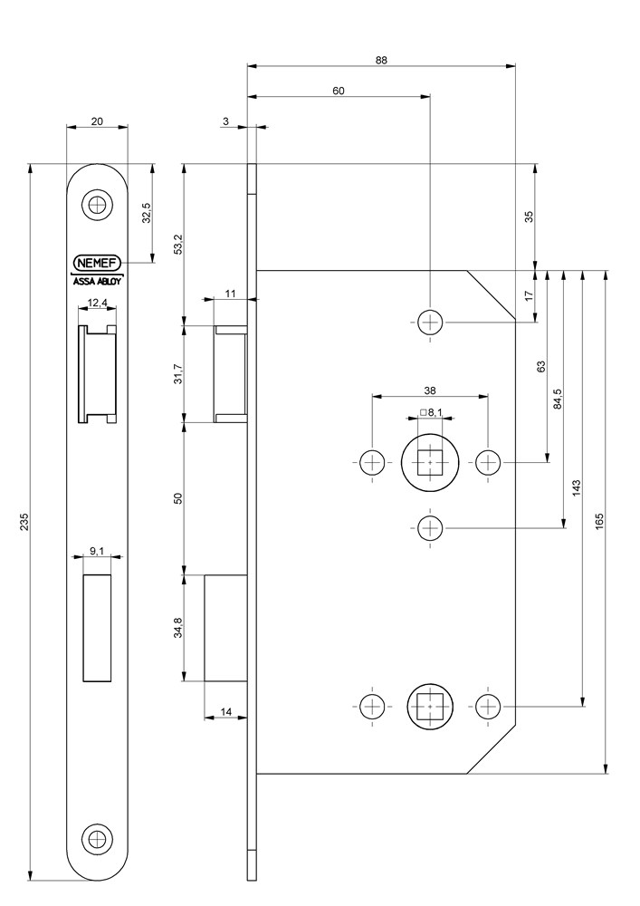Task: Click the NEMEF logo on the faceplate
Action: [97, 263]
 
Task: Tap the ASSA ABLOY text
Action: [97, 281]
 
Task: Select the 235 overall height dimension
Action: [24, 523]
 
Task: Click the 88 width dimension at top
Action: [381, 60]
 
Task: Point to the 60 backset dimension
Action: [339, 91]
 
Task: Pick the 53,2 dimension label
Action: [178, 245]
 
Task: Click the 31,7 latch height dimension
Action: [178, 372]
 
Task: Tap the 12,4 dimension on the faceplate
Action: [97, 303]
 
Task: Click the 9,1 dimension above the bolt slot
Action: [97, 550]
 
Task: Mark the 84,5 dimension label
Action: [558, 399]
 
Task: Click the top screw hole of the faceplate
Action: [97, 205]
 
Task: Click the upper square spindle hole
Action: [430, 463]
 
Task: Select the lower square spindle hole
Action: [430, 706]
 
